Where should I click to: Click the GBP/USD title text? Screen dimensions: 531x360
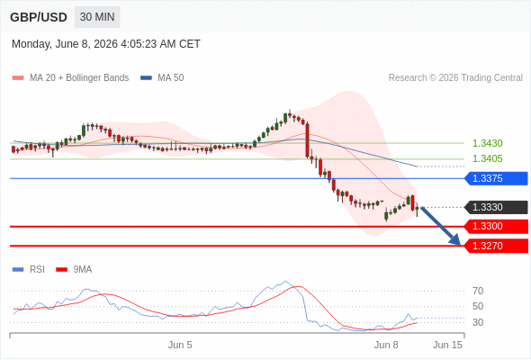(39, 17)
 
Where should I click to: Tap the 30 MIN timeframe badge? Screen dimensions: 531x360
(97, 17)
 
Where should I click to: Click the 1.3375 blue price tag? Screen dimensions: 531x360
(496, 178)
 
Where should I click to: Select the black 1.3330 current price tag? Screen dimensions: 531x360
(496, 207)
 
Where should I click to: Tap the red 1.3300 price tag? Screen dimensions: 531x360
(496, 226)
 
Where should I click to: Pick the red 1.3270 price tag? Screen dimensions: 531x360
(496, 246)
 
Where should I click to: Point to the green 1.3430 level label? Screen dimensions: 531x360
(487, 143)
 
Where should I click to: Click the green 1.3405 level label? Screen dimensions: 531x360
(487, 158)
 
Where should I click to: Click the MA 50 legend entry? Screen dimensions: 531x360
(162, 78)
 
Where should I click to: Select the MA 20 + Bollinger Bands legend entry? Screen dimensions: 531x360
(70, 78)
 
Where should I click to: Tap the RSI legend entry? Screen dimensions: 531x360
(29, 270)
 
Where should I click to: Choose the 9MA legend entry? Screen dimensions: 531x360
(74, 270)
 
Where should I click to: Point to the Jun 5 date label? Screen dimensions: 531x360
(180, 345)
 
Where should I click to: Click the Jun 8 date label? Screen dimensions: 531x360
(386, 345)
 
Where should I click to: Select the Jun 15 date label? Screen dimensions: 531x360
(447, 345)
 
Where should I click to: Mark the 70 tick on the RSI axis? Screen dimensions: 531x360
(478, 291)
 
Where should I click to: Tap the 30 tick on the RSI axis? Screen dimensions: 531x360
(478, 322)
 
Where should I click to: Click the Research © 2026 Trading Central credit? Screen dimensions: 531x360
(455, 78)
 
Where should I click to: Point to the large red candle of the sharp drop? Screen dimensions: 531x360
(308, 140)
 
